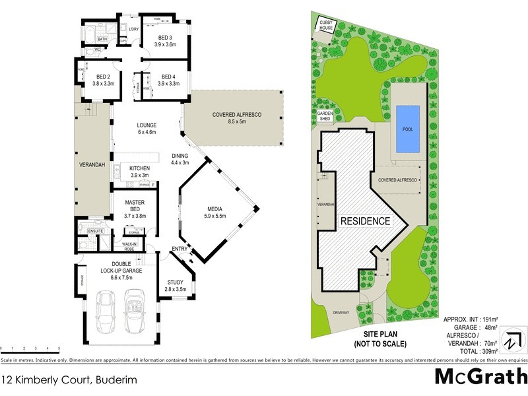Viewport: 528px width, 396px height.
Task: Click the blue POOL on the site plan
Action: click(407, 128)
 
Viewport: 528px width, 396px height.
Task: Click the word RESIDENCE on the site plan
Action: click(365, 221)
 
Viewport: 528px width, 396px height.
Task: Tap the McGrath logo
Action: click(480, 376)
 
